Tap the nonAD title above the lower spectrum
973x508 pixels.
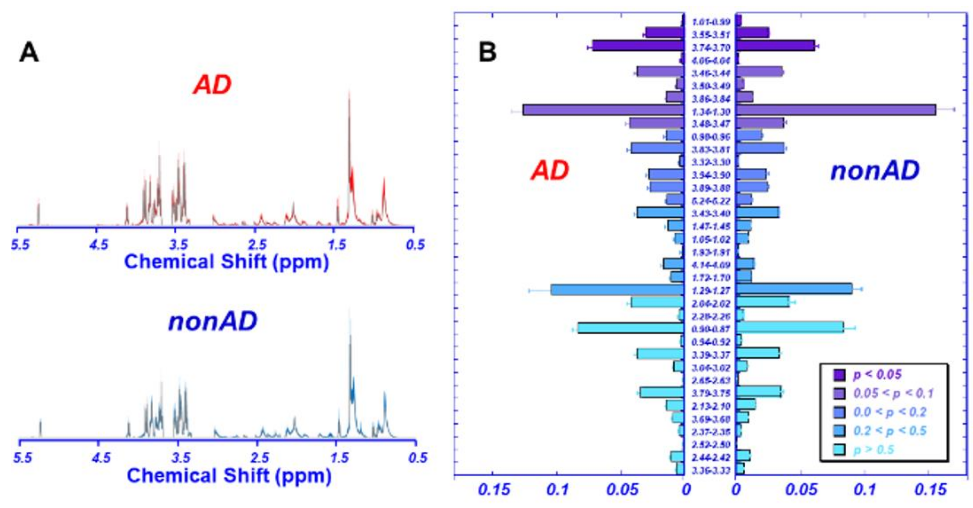(212, 322)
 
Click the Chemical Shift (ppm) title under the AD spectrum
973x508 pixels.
(226, 262)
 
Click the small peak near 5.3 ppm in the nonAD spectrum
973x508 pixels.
(40, 429)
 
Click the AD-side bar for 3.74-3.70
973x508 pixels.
(638, 46)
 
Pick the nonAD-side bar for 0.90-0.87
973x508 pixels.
(789, 328)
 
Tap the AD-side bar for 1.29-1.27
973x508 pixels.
(617, 290)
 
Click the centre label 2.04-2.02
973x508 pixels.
(711, 304)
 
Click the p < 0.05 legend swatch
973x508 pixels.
(839, 375)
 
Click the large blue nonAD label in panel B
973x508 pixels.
(875, 171)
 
